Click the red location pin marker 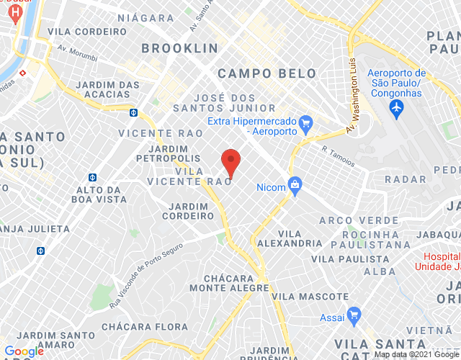pos(230,161)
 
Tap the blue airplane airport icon pos(395,107)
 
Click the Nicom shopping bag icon pos(295,186)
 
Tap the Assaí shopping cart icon pos(353,315)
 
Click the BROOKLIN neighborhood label pos(180,48)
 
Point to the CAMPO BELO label pos(267,73)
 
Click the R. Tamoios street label pos(339,156)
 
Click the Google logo pos(23,351)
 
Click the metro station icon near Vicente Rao pos(134,112)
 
